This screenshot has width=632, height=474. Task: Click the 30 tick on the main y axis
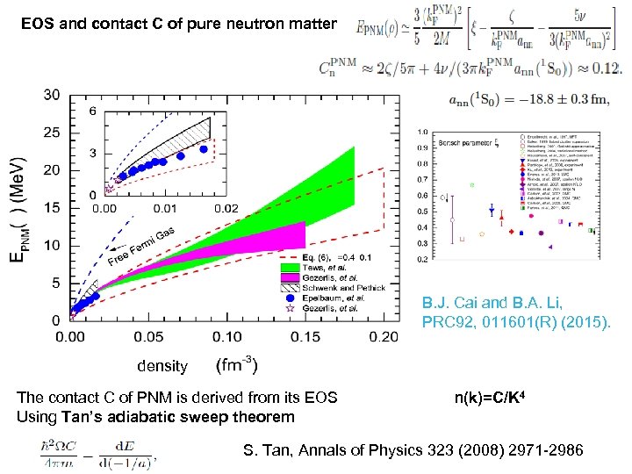[52, 95]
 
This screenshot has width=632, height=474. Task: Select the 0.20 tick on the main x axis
[383, 337]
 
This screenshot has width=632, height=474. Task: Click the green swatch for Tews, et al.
[291, 267]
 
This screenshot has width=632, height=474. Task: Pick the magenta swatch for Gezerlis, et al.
[291, 277]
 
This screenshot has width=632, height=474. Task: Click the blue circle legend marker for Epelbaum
[291, 298]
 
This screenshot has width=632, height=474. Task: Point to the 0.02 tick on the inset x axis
[226, 208]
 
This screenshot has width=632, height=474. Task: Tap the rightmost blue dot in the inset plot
[204, 149]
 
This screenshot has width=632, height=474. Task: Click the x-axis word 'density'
[162, 366]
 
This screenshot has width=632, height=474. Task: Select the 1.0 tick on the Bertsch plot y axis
[424, 133]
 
